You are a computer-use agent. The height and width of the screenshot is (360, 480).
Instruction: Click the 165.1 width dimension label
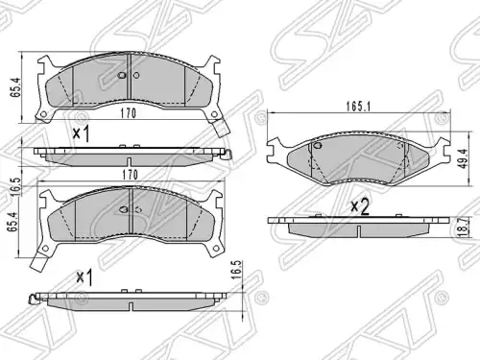[358, 107]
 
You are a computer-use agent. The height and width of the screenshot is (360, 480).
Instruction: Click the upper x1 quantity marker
[81, 133]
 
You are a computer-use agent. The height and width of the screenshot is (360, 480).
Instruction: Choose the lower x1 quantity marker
[84, 277]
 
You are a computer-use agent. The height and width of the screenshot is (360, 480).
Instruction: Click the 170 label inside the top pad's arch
[129, 113]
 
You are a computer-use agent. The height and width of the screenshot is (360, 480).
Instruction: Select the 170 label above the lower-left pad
[130, 175]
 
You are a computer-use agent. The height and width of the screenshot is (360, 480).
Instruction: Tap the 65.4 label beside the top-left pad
[16, 87]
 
